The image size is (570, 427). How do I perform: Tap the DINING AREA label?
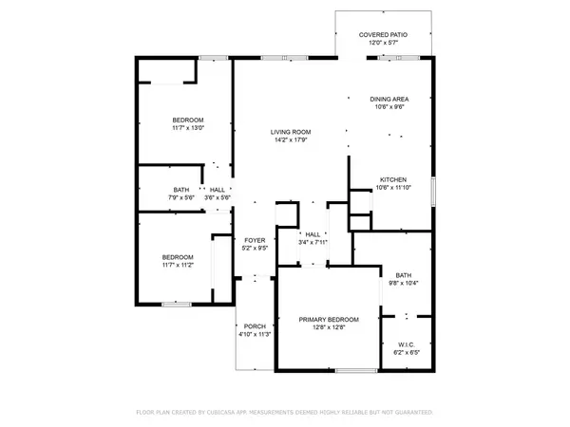coord(389,99)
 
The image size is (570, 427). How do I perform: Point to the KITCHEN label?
coord(393,179)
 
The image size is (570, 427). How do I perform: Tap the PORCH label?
coord(254,326)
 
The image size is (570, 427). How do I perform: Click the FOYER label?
coord(255,241)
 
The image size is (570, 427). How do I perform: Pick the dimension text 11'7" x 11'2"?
coord(178,265)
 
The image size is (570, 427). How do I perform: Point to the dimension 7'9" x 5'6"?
coord(180,197)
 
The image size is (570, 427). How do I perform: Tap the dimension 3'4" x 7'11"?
coord(313,242)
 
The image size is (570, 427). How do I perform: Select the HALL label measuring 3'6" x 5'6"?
coord(218,190)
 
